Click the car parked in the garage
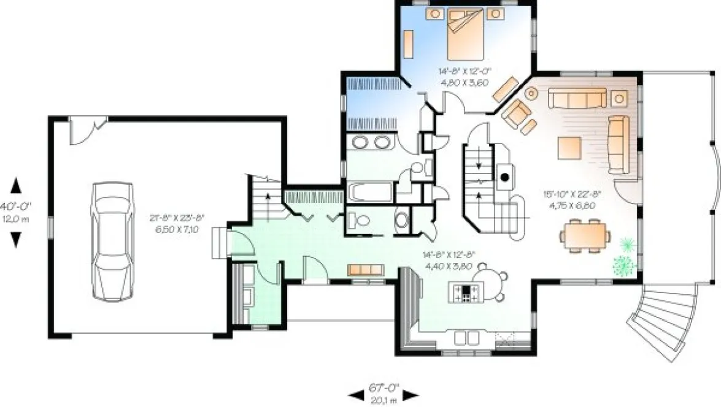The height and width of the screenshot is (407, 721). click(111, 240)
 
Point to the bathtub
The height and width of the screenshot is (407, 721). click(372, 192)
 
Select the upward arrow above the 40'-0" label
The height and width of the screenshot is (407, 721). click(15, 184)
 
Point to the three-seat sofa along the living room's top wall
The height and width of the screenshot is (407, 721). click(577, 98)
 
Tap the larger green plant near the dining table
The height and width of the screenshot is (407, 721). click(623, 265)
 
